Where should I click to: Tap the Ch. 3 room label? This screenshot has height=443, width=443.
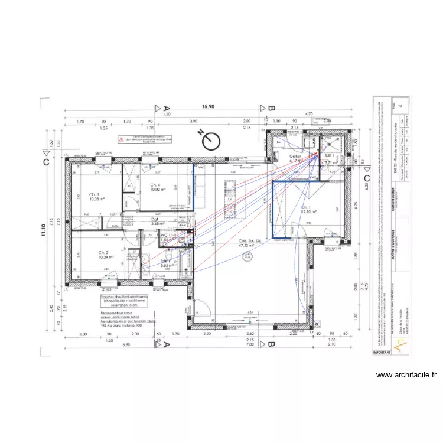click(x=94, y=194)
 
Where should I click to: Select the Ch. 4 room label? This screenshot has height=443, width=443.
click(x=148, y=185)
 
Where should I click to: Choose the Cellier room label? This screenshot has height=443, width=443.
click(x=295, y=155)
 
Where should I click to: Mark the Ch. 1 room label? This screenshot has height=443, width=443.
click(x=306, y=207)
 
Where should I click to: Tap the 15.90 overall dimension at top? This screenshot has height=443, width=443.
click(x=208, y=107)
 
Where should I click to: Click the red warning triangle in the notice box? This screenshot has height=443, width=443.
click(x=122, y=140)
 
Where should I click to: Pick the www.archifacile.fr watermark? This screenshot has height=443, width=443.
click(x=406, y=374)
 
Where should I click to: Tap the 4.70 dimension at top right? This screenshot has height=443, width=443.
click(x=308, y=114)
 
